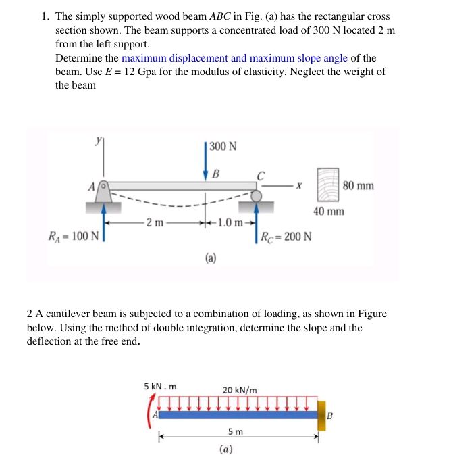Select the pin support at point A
(103, 191)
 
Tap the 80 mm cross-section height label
(358, 185)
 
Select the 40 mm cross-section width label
(329, 212)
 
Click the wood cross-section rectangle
(329, 184)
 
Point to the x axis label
(297, 185)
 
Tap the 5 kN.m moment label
(160, 386)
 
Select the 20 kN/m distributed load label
(240, 390)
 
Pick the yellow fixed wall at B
(321, 414)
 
